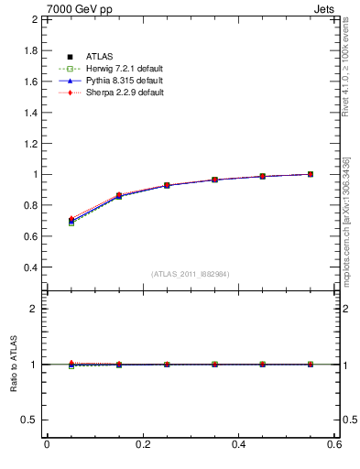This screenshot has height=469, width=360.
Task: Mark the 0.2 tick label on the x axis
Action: pyautogui.click(x=142, y=444)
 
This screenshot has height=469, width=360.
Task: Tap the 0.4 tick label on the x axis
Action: pyautogui.click(x=238, y=444)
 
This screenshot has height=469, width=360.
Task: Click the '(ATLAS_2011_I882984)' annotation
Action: pyautogui.click(x=190, y=274)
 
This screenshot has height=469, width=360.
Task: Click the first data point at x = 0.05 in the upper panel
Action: pyautogui.click(x=71, y=221)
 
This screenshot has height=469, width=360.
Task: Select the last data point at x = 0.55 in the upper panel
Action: pyautogui.click(x=310, y=174)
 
